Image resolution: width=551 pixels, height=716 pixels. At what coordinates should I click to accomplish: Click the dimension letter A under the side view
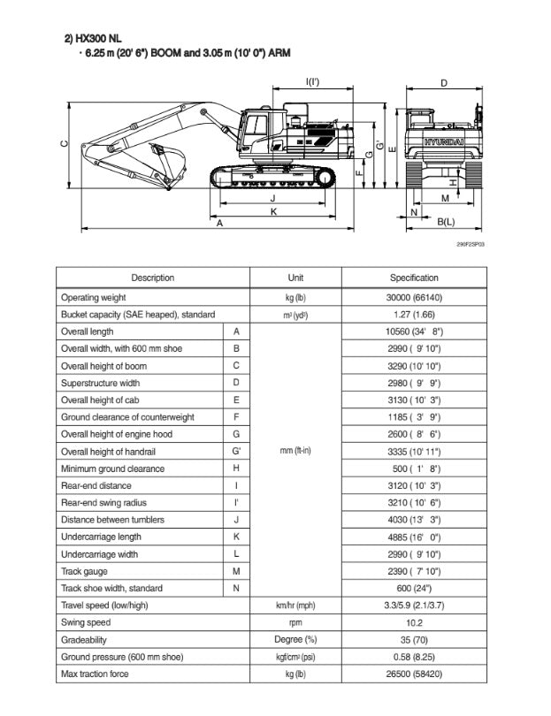[220, 224]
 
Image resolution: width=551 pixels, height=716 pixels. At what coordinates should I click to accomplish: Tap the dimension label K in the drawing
[273, 212]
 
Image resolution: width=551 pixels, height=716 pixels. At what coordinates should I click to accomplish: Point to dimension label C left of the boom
[63, 144]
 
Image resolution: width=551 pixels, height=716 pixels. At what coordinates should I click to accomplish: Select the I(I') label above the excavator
[313, 82]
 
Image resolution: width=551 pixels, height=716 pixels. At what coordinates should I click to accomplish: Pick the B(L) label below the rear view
[446, 221]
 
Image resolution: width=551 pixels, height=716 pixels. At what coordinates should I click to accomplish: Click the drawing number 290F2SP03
[471, 243]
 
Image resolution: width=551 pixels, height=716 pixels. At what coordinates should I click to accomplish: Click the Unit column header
[295, 278]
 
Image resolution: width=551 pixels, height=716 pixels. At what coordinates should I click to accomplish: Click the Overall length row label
[87, 331]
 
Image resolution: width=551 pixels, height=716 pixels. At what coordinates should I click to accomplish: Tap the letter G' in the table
[236, 451]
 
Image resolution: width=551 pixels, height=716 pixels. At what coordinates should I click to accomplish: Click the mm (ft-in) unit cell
[295, 451]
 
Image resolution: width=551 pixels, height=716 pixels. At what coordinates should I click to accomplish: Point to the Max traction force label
[95, 674]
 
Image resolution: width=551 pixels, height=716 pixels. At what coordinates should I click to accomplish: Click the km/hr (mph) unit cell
[295, 606]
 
